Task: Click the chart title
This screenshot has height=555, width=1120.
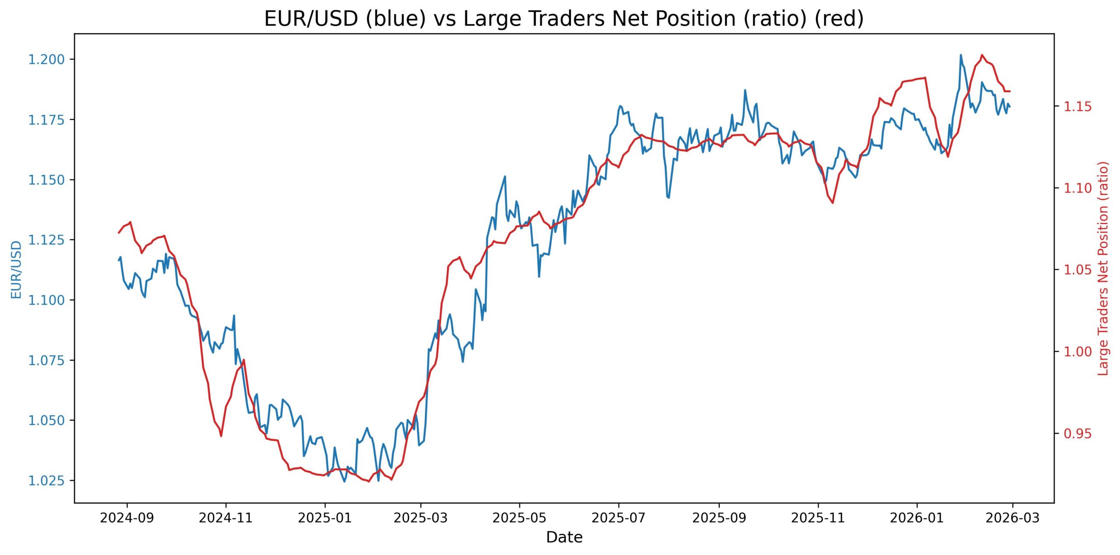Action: (x=564, y=19)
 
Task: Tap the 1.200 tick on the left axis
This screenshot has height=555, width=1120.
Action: (x=46, y=60)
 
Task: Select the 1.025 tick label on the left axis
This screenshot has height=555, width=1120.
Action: (x=46, y=481)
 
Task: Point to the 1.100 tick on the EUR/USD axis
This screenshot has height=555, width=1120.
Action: (x=46, y=300)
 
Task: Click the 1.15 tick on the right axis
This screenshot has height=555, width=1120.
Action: (x=1078, y=106)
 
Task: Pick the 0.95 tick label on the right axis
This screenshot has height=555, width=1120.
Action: (x=1078, y=433)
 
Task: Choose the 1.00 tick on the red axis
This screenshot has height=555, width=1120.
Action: (x=1078, y=351)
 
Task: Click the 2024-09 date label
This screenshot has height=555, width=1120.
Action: (x=127, y=518)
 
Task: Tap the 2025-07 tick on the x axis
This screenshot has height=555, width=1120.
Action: (x=619, y=518)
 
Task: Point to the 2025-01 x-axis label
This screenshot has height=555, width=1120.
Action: (x=325, y=518)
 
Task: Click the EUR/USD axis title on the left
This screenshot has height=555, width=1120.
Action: (x=16, y=270)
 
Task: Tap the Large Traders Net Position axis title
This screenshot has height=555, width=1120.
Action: (x=1103, y=268)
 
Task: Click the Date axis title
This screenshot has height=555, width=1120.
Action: (x=564, y=537)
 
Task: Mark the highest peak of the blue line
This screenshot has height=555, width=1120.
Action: (x=961, y=55)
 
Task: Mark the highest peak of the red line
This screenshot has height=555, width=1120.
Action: (x=982, y=55)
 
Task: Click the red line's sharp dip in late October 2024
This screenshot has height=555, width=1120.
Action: (x=221, y=436)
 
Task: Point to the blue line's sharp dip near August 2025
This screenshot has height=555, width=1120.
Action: (x=668, y=197)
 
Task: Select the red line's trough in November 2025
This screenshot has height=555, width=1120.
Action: (x=833, y=203)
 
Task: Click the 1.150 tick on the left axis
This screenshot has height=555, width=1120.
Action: (x=46, y=180)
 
